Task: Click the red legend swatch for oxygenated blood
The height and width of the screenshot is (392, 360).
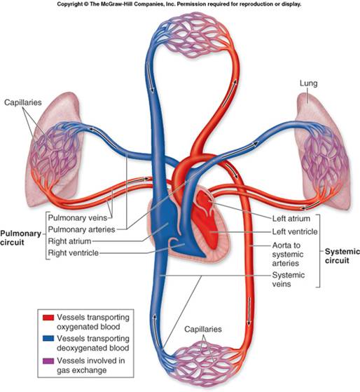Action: (48, 318)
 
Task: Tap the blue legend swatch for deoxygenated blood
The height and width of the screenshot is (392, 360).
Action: (48, 339)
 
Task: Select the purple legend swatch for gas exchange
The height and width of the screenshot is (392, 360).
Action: (48, 361)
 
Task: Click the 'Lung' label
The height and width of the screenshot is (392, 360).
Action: (309, 83)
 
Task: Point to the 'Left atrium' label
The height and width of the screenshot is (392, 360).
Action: (291, 219)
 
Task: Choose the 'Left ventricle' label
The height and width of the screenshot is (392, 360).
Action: (295, 231)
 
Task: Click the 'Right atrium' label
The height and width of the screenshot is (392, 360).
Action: (69, 241)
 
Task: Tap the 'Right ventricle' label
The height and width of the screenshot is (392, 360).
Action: (73, 253)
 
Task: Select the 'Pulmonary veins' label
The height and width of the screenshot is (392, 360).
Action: (77, 218)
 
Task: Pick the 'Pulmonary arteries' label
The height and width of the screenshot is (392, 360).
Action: (81, 229)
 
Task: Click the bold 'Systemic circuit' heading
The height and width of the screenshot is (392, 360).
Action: (342, 256)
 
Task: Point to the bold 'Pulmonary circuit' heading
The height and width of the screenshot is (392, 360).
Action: (20, 238)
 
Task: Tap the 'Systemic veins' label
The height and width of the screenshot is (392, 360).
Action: (289, 280)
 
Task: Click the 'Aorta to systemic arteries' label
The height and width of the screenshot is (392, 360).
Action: (288, 255)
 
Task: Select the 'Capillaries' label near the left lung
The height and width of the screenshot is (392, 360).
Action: (22, 102)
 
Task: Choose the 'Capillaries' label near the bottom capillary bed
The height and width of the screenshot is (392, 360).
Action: (203, 330)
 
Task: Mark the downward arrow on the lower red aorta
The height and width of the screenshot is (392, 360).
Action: (249, 312)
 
